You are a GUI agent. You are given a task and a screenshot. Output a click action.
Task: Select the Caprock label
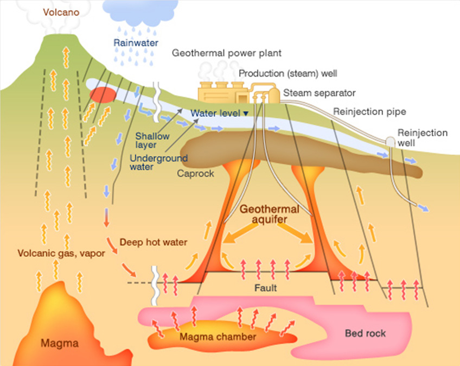tap(196, 174)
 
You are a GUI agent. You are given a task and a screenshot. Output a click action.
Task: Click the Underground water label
tap(159, 163)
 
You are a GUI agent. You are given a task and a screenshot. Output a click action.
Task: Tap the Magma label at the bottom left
tap(60, 343)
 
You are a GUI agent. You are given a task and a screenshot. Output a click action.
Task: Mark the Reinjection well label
tap(423, 137)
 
